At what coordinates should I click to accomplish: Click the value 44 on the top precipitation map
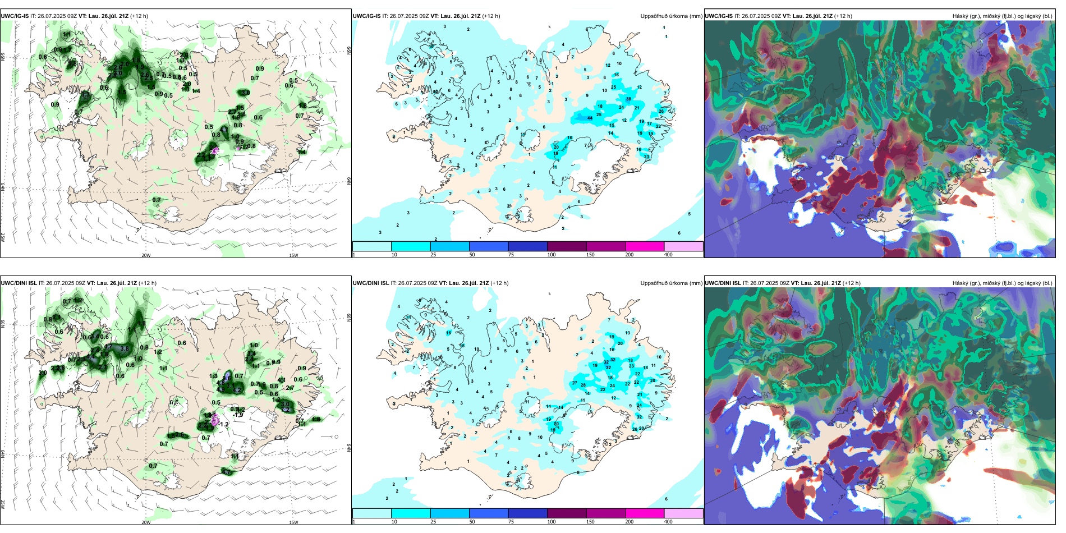(x=590, y=118)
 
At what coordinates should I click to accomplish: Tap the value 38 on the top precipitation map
(x=628, y=99)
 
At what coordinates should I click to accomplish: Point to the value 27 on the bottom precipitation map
(x=575, y=383)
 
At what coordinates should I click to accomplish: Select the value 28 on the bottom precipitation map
(x=583, y=385)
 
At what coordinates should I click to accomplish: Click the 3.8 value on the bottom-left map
(x=125, y=348)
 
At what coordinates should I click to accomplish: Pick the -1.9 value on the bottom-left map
(x=238, y=415)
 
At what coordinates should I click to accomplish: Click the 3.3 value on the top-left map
(x=85, y=97)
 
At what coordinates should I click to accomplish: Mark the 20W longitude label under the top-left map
(x=146, y=255)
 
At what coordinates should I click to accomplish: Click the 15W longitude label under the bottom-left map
(x=293, y=522)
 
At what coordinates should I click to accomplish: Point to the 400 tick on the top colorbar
(x=668, y=255)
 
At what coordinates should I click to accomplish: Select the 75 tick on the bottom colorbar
(x=511, y=522)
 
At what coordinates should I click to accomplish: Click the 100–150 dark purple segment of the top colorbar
(x=567, y=246)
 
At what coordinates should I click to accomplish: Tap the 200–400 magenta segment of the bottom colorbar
(x=645, y=513)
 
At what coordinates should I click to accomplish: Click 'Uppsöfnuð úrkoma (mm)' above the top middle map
(x=671, y=16)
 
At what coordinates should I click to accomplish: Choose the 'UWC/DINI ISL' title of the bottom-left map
(x=19, y=283)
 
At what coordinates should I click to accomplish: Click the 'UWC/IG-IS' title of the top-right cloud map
(x=719, y=16)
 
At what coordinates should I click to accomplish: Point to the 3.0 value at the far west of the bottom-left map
(x=43, y=373)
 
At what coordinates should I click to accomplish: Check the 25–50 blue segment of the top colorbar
(x=449, y=246)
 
